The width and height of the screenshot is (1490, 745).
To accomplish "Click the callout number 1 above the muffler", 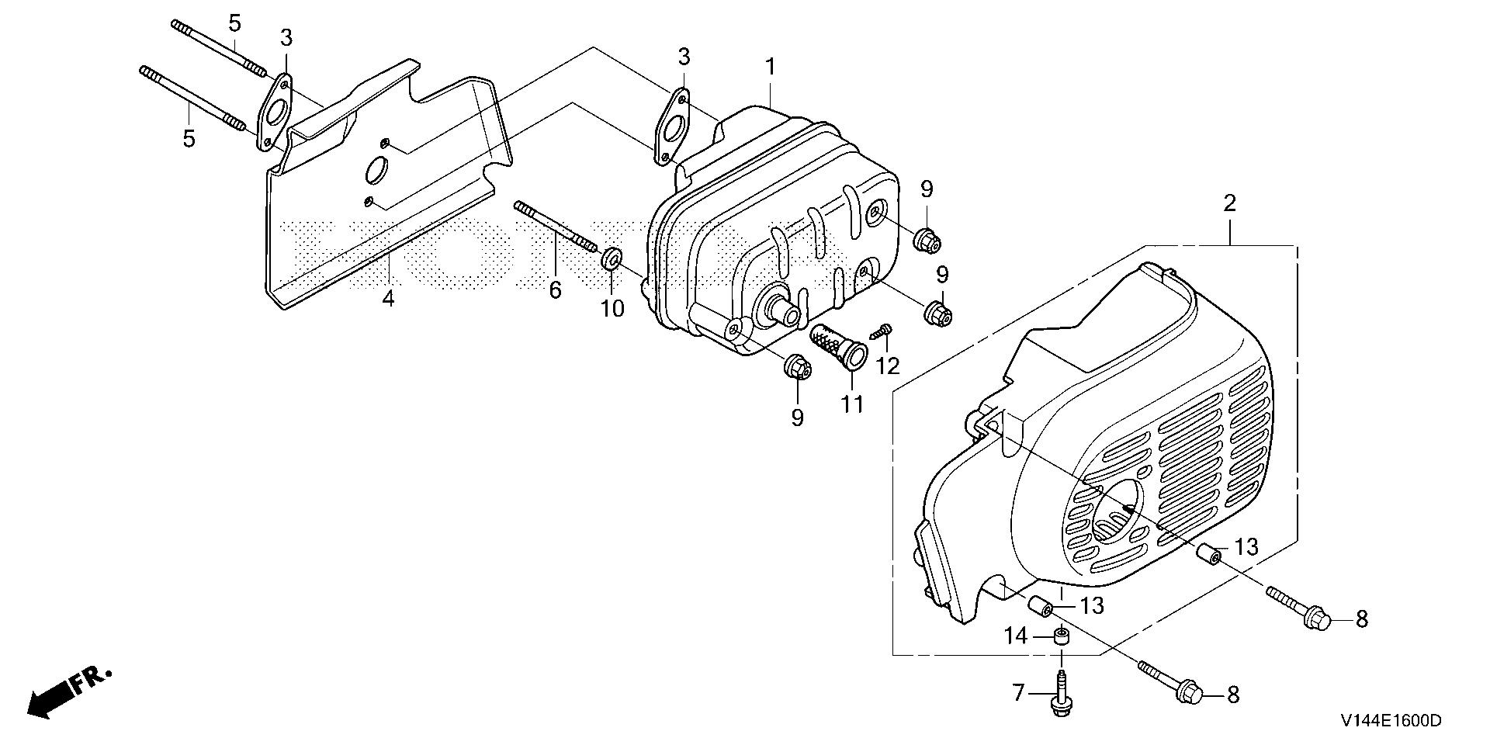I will pyautogui.click(x=770, y=68).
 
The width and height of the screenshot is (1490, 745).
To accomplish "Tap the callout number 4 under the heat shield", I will pyautogui.click(x=388, y=298).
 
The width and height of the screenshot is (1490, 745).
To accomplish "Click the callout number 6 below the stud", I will pyautogui.click(x=555, y=290).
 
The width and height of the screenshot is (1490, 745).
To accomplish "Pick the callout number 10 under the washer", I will pyautogui.click(x=612, y=308).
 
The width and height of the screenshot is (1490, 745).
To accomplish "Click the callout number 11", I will pyautogui.click(x=853, y=404).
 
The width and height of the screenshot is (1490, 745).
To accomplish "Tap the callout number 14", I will pyautogui.click(x=1016, y=636).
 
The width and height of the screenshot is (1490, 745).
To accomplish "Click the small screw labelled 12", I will pyautogui.click(x=883, y=332).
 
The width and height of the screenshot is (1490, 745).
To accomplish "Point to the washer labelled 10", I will pyautogui.click(x=612, y=257).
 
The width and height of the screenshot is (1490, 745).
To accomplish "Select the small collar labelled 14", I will pyautogui.click(x=1061, y=637).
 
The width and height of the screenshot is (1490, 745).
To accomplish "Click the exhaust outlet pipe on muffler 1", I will pyautogui.click(x=783, y=314).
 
